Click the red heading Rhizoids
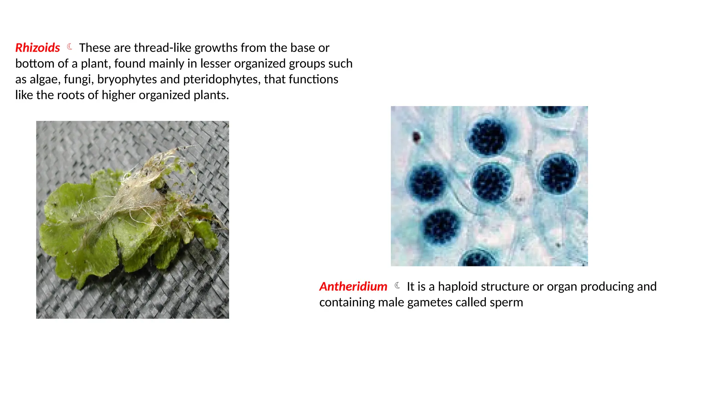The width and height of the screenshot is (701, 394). click(x=38, y=48)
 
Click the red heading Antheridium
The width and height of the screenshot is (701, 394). click(x=353, y=287)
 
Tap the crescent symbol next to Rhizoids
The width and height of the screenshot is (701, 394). click(x=70, y=47)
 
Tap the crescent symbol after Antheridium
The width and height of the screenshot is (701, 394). click(x=397, y=286)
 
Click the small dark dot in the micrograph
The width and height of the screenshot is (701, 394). click(x=416, y=137)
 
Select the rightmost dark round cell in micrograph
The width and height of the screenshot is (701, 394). click(x=559, y=174)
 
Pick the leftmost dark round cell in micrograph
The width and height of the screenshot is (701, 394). click(x=427, y=182)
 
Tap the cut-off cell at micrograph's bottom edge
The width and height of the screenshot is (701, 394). click(x=478, y=259)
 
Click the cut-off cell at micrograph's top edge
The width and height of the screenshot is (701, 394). click(x=552, y=110)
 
